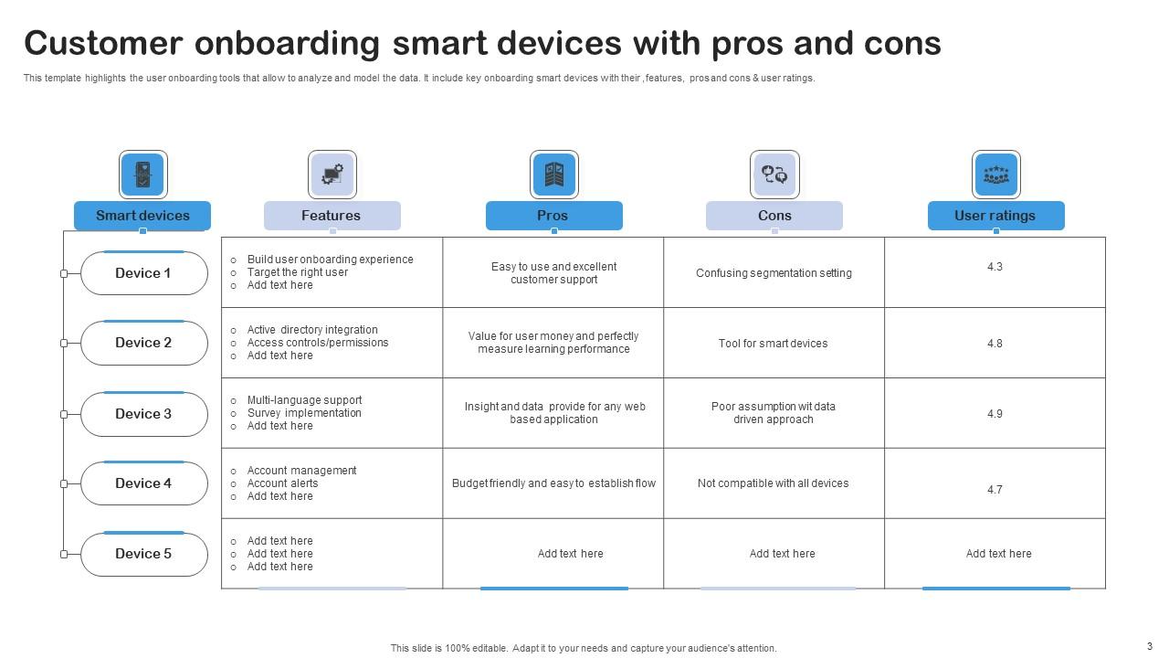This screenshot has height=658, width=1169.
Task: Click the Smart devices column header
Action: (x=142, y=216)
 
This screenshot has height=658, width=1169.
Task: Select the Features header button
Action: (x=332, y=216)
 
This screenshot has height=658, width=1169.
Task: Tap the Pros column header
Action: (x=553, y=216)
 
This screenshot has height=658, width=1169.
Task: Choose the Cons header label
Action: (x=774, y=216)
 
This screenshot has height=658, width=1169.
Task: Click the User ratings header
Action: (x=995, y=216)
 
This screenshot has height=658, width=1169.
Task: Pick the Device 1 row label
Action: (x=143, y=273)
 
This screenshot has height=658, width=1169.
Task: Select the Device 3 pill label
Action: (x=143, y=414)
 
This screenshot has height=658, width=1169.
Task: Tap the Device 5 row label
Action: (x=143, y=554)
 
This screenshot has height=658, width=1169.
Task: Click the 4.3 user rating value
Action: (x=995, y=267)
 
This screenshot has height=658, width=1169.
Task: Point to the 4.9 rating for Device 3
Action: (x=995, y=414)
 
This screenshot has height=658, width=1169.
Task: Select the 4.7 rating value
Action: (x=995, y=490)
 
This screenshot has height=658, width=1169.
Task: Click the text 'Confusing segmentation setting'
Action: (x=774, y=273)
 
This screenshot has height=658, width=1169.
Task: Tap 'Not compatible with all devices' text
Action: (x=774, y=483)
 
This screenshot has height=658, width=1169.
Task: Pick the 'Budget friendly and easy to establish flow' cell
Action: (x=553, y=483)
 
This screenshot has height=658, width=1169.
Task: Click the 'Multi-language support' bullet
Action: (x=304, y=400)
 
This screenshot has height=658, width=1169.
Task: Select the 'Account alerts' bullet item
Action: (x=282, y=483)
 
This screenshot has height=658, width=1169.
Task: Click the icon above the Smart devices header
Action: (x=142, y=174)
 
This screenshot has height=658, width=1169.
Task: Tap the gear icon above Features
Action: (x=332, y=174)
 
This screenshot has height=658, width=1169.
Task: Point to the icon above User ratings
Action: (x=995, y=174)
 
